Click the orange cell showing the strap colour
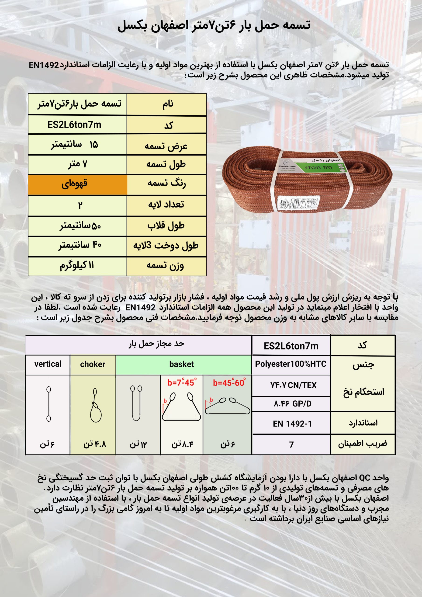point(77,185)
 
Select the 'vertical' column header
point(48,364)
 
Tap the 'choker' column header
point(93,364)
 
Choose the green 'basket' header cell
point(182,364)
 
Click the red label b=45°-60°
point(228,383)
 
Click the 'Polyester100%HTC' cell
point(291,364)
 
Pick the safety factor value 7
point(291,445)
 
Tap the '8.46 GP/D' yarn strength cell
point(292,404)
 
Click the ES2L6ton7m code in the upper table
point(74,125)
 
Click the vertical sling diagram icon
point(49,404)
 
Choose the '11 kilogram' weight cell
point(77,266)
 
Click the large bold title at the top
point(214,26)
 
